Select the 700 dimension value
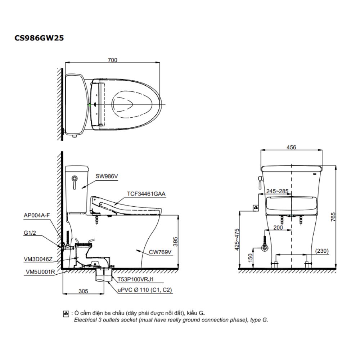[112, 60]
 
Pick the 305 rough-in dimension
[83, 292]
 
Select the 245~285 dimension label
[277, 191]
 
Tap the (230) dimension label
[321, 251]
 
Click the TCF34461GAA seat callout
[146, 193]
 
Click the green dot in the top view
[90, 105]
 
